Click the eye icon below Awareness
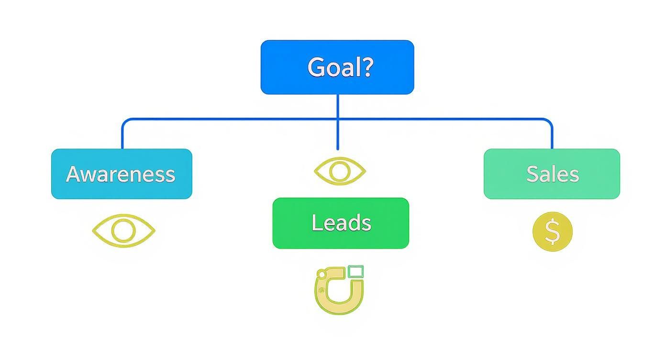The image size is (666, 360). pyautogui.click(x=123, y=231)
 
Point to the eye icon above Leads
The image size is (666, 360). pyautogui.click(x=340, y=171)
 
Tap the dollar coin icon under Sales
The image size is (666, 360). pyautogui.click(x=552, y=232)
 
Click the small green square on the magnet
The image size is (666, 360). pyautogui.click(x=355, y=272)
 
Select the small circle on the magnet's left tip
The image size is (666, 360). pyautogui.click(x=322, y=274)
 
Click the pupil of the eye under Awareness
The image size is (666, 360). pyautogui.click(x=123, y=231)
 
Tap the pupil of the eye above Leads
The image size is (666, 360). pyautogui.click(x=340, y=171)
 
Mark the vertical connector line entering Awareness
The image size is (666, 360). pyautogui.click(x=122, y=136)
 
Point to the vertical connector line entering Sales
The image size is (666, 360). pyautogui.click(x=552, y=136)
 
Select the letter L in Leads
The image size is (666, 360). pyautogui.click(x=316, y=223)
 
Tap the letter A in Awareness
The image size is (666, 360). pyautogui.click(x=73, y=174)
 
